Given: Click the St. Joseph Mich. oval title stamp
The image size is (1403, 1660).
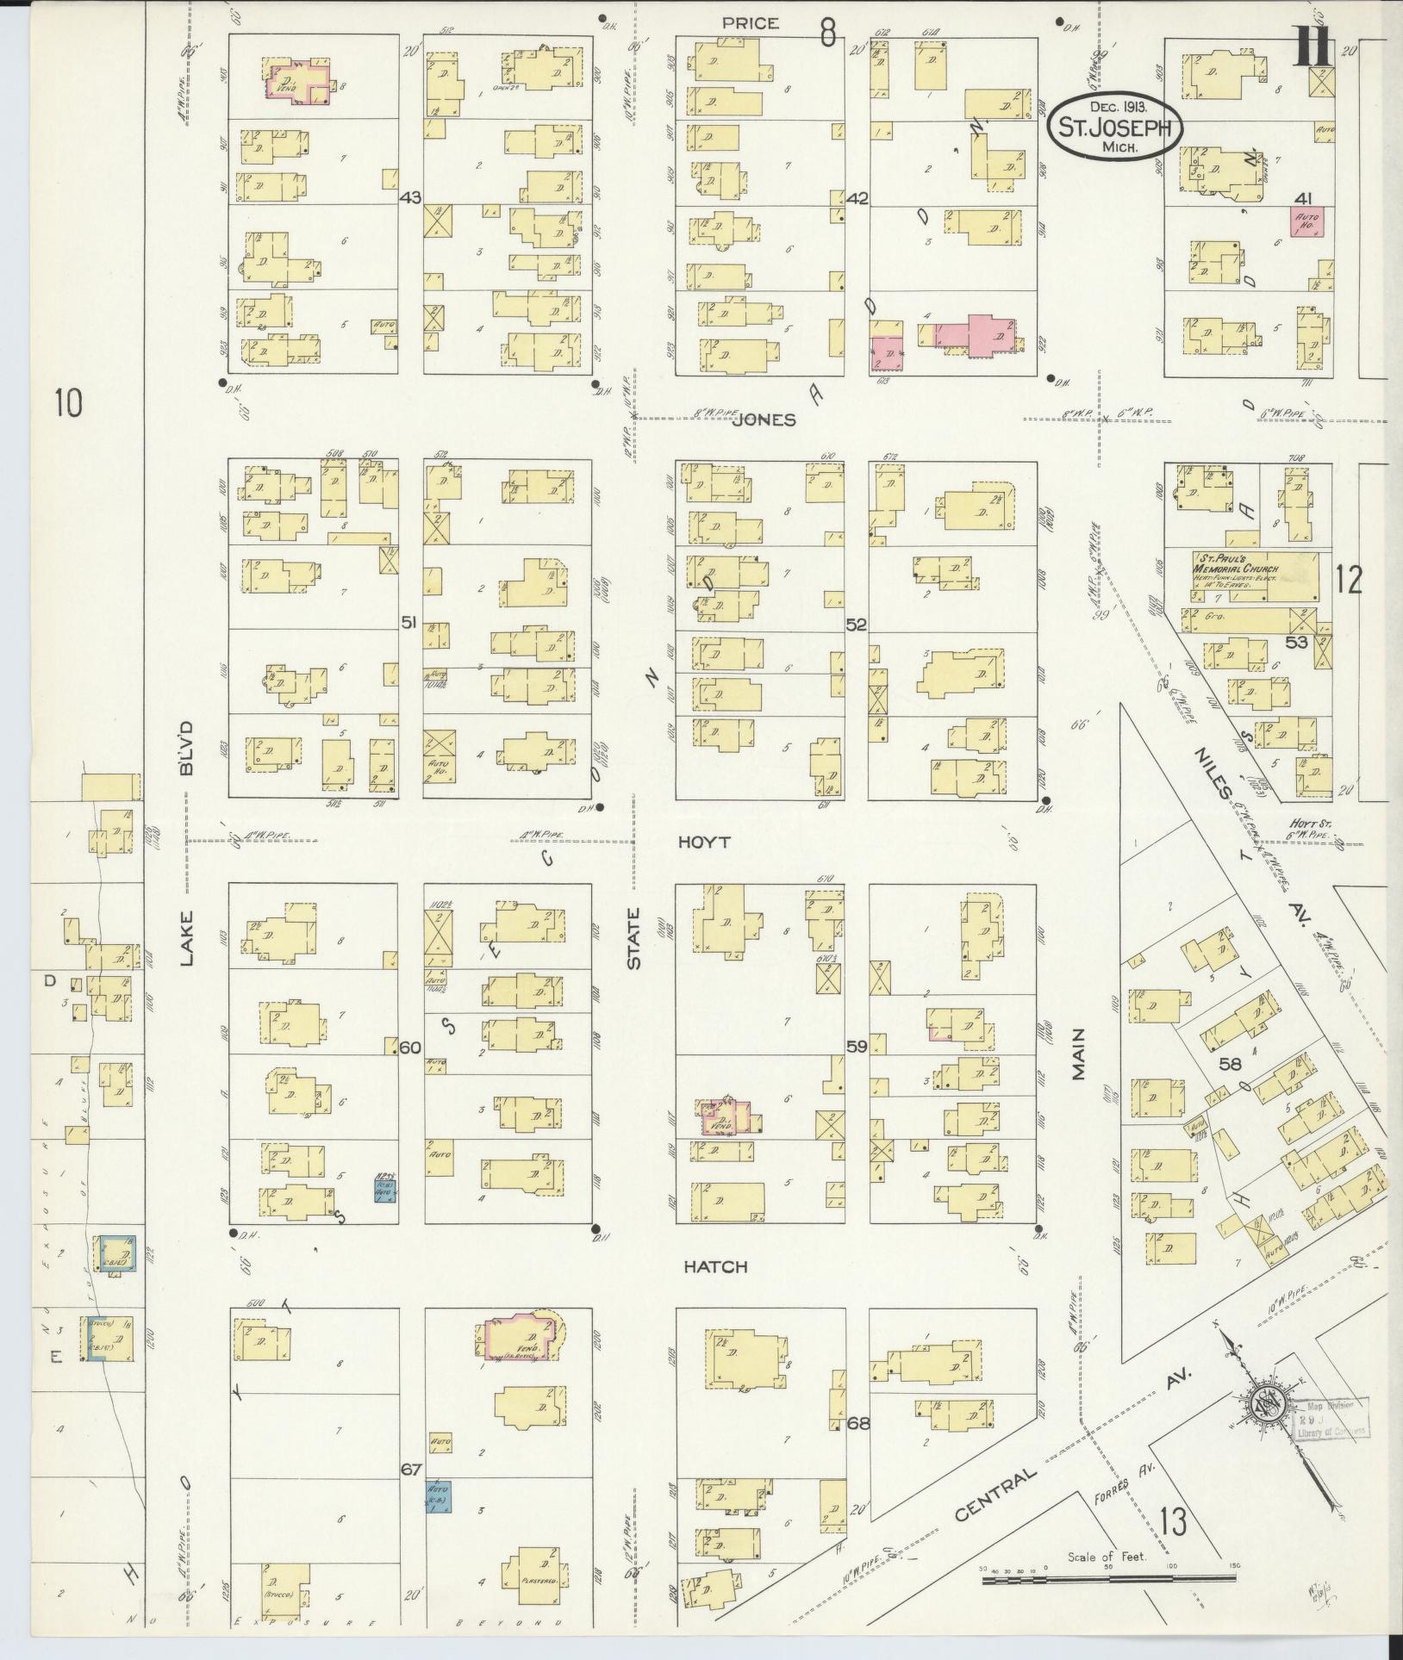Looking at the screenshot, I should (x=1113, y=127).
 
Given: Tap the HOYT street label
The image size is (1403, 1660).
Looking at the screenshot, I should (x=703, y=842).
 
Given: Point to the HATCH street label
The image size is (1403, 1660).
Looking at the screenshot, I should (x=715, y=1266).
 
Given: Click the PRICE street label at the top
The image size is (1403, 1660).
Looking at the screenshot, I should (x=751, y=23).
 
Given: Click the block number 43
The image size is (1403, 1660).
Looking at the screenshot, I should (x=410, y=198).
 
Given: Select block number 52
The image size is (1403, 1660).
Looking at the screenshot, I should (x=856, y=624).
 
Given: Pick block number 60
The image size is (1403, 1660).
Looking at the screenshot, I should (x=410, y=1048).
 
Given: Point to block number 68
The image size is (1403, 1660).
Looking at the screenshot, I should (x=858, y=1422).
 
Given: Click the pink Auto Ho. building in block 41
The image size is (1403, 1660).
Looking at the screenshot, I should (x=1306, y=222).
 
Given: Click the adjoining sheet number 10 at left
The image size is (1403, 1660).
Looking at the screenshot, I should (x=68, y=402).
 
